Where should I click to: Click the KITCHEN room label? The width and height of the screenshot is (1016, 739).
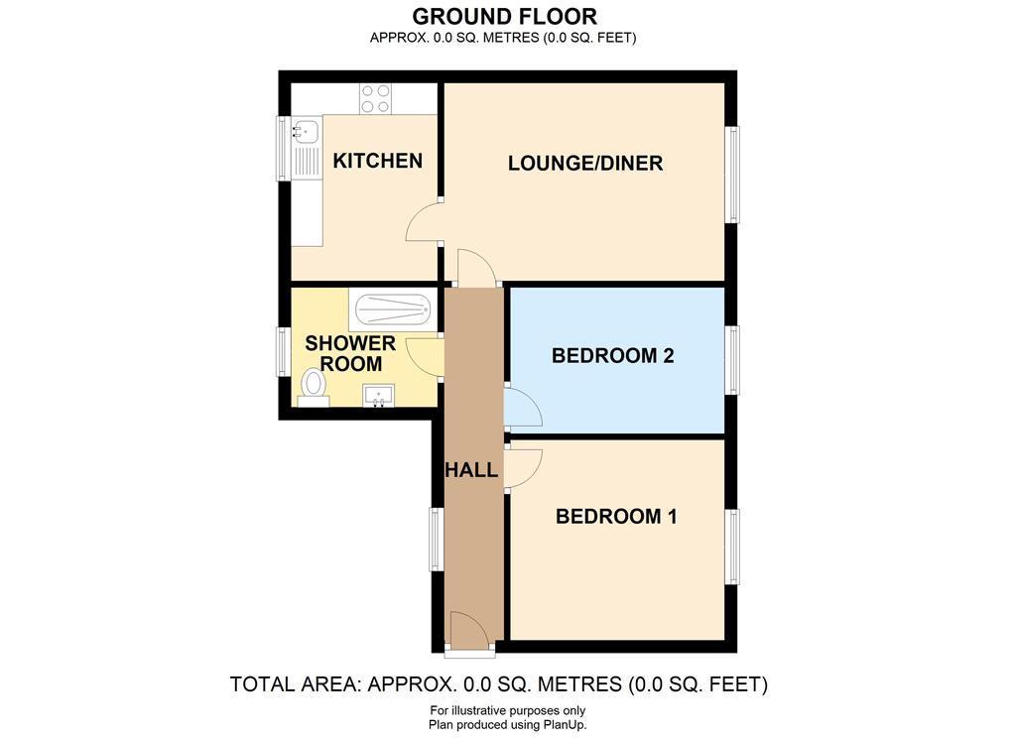[377, 161]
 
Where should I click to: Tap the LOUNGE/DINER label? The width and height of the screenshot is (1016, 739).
[585, 164]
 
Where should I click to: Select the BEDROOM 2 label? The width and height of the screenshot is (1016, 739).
[612, 355]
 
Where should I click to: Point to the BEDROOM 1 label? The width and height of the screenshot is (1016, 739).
[616, 516]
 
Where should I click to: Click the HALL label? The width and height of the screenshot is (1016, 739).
[471, 469]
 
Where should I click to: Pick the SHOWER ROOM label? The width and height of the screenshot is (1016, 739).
[350, 354]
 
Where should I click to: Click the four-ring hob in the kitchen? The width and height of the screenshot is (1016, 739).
[375, 99]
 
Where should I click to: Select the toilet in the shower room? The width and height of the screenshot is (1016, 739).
[314, 387]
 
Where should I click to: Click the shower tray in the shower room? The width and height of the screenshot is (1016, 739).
[391, 309]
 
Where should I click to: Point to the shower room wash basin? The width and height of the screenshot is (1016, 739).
[378, 396]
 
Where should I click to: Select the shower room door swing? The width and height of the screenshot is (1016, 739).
[425, 355]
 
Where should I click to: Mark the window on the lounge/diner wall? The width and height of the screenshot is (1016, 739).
[731, 175]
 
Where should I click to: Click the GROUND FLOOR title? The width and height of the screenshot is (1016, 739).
[504, 16]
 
